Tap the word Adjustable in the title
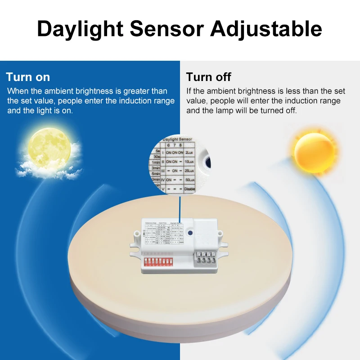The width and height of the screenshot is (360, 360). coord(266,28)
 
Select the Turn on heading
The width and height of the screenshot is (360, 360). coord(28,76)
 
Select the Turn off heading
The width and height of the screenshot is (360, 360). coord(208,76)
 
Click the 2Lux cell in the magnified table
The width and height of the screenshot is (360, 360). coord(190,153)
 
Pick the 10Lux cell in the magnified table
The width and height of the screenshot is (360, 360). coord(190,162)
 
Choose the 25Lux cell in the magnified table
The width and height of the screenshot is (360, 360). coord(190,171)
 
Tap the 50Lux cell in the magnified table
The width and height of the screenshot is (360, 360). coord(190,180)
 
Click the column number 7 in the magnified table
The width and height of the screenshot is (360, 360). coord(174,145)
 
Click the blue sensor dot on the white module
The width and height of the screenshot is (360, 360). coord(191,234)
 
